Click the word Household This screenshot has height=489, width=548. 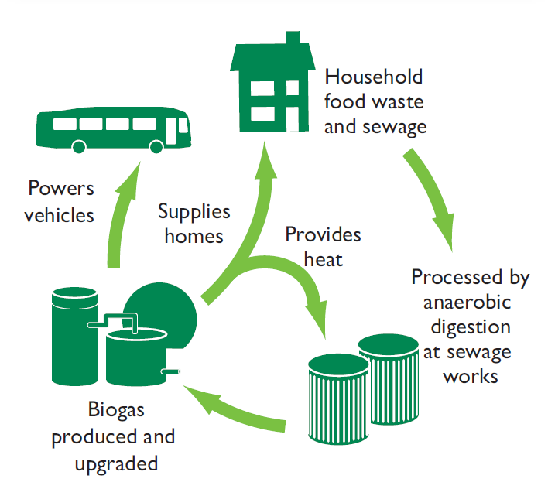click(374, 77)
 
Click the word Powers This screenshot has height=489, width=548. click(60, 189)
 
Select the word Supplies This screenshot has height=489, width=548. click(194, 210)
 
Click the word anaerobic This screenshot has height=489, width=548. click(471, 302)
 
